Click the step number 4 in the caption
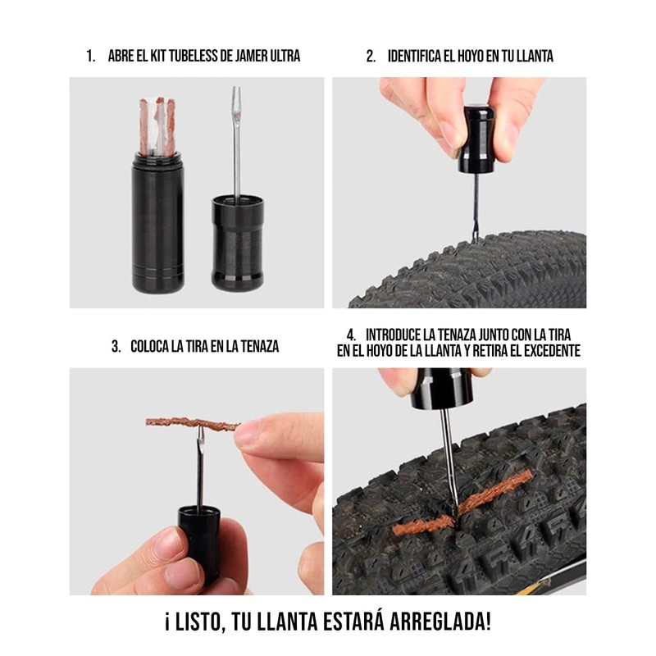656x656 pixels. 351,335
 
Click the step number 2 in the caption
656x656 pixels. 371,57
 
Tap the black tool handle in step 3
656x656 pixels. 196,533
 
